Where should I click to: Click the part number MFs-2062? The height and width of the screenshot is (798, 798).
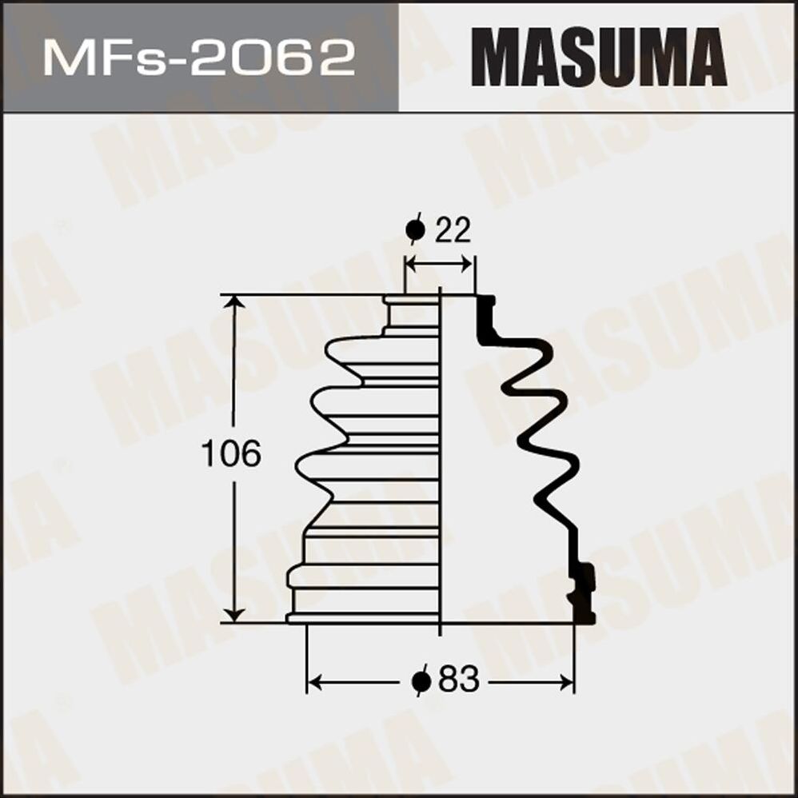(199, 58)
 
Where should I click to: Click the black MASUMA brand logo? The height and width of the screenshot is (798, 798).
(598, 57)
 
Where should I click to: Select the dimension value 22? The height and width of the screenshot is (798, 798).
(453, 231)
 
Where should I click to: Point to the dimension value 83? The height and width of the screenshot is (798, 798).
(458, 681)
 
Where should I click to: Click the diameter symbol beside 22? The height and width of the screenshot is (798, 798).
(415, 231)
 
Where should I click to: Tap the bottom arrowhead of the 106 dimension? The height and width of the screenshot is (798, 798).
(233, 614)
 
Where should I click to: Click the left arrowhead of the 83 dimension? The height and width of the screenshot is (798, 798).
(314, 682)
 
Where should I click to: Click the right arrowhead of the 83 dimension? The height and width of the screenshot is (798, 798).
(567, 682)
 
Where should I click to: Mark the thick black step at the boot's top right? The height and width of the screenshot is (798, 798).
(485, 318)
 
